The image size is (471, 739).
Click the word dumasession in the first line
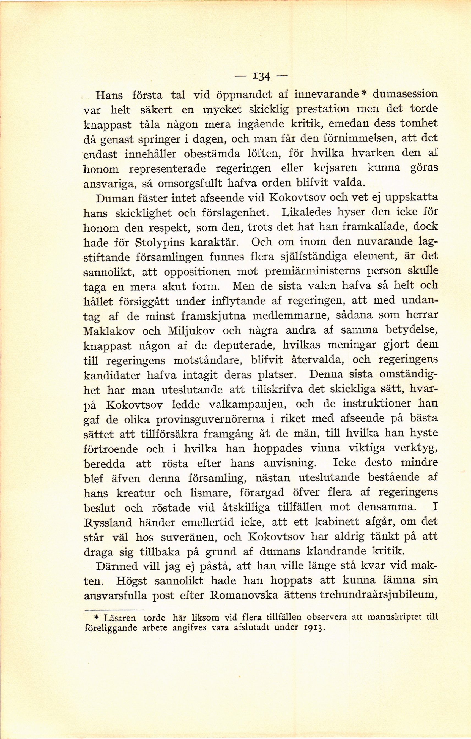(405, 94)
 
